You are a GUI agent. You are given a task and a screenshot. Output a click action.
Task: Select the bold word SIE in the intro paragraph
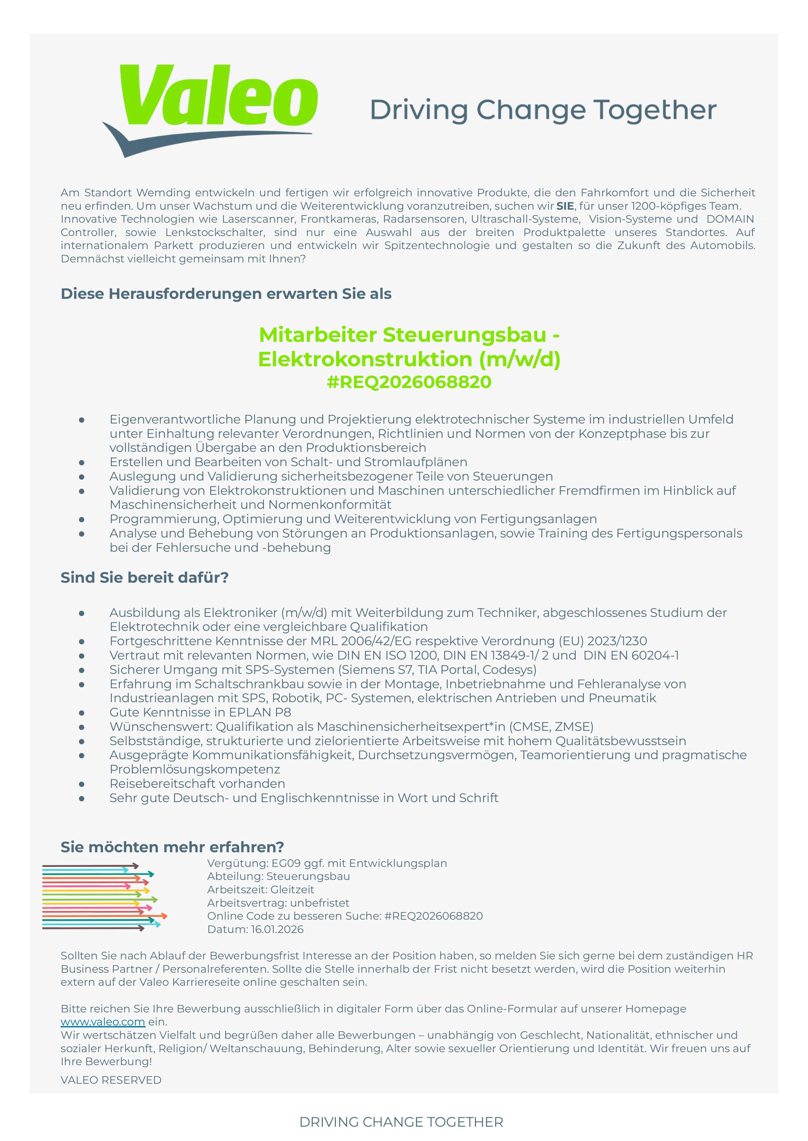click(565, 206)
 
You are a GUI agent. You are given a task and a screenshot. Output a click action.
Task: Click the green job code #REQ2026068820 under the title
click(409, 382)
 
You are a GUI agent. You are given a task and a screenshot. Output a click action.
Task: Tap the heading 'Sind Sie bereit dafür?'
click(144, 577)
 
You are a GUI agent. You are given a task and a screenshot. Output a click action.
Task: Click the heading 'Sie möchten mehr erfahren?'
click(172, 847)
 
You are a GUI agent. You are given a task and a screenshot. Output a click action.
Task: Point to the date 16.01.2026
click(277, 929)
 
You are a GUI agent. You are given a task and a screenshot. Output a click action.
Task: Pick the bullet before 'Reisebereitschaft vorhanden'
click(81, 784)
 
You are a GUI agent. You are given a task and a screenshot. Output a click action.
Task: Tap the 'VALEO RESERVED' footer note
click(111, 1080)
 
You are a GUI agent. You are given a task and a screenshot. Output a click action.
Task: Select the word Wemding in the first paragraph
click(163, 192)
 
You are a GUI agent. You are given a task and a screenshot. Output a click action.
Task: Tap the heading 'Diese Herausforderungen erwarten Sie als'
click(226, 294)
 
